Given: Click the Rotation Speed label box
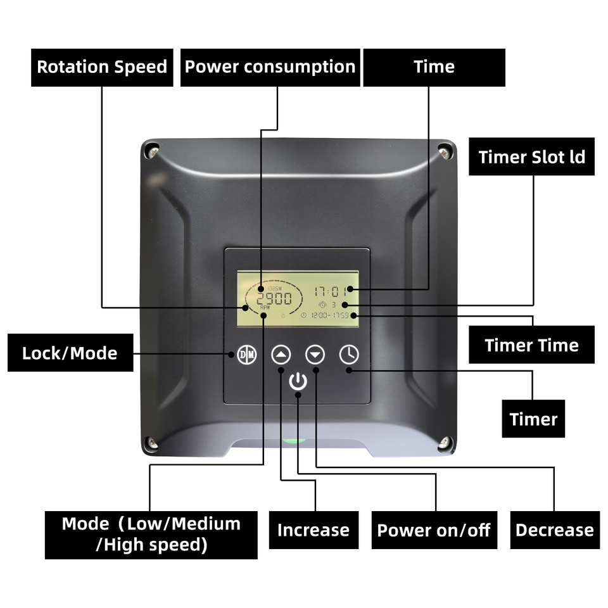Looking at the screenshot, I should [102, 67].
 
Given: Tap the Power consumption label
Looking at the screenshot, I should [270, 67].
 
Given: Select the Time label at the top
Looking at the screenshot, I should [434, 67].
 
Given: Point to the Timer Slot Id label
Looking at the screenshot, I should [532, 157].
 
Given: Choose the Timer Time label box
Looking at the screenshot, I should [531, 345].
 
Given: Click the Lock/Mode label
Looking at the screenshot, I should [70, 353].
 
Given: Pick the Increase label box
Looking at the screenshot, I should [313, 530].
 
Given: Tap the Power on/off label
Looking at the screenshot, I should [434, 530].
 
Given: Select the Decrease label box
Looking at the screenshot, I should [555, 530].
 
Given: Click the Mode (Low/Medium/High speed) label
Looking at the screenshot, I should [151, 535].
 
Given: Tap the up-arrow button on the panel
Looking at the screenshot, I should [281, 354].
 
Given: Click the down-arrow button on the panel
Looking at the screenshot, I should [315, 354].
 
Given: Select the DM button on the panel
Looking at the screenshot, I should [246, 355].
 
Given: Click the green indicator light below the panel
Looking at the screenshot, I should [294, 440].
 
